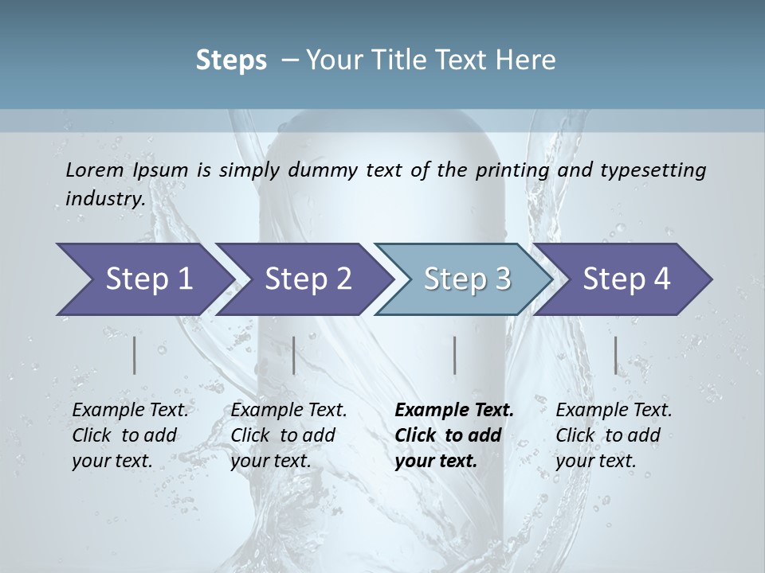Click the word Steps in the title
[x=231, y=60]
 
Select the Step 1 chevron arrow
[x=143, y=279]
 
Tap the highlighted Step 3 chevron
[x=465, y=279]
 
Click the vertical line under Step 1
[x=135, y=355]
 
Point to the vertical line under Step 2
[x=294, y=355]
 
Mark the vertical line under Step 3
[x=454, y=355]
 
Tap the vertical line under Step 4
[x=615, y=355]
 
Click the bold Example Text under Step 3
[x=454, y=411]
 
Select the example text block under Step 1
[x=130, y=435]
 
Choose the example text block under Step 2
[x=288, y=435]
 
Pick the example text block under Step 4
[x=614, y=435]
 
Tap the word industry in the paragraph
[x=104, y=198]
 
